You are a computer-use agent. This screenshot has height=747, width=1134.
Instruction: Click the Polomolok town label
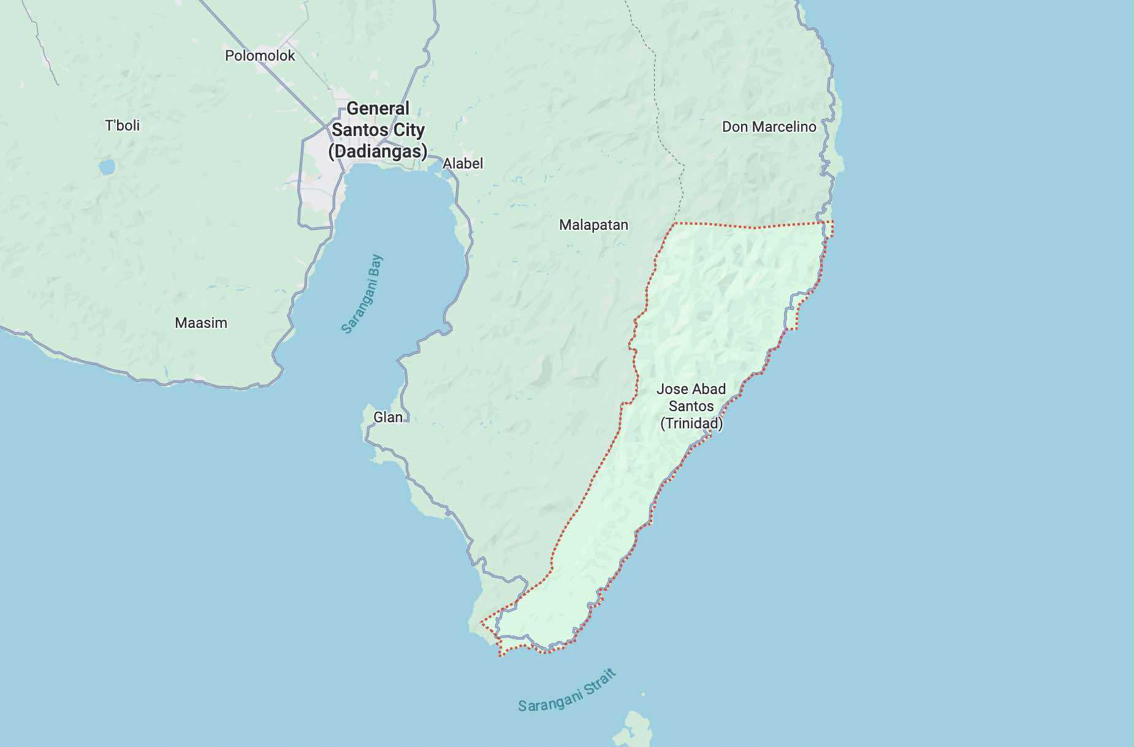260,56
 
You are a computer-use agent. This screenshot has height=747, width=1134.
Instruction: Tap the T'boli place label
122,126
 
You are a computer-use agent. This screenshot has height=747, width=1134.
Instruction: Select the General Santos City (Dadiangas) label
378,130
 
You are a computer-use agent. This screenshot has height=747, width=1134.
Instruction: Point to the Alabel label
463,164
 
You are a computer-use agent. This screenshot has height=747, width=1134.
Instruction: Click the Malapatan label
593,225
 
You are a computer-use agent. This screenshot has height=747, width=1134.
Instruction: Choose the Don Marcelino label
769,127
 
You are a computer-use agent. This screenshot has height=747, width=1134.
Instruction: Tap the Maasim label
201,323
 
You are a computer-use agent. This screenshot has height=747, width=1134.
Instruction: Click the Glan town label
388,417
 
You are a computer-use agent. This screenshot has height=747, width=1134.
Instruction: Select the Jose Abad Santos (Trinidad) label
691,406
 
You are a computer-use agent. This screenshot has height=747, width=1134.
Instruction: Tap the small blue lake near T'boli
107,167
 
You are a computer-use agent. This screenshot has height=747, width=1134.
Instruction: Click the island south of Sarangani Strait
631,729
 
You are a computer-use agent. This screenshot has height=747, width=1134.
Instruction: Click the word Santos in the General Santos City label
354,130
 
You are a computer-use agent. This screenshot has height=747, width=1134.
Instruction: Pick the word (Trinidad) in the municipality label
691,423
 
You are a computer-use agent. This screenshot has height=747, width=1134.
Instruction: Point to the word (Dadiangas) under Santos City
378,151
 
